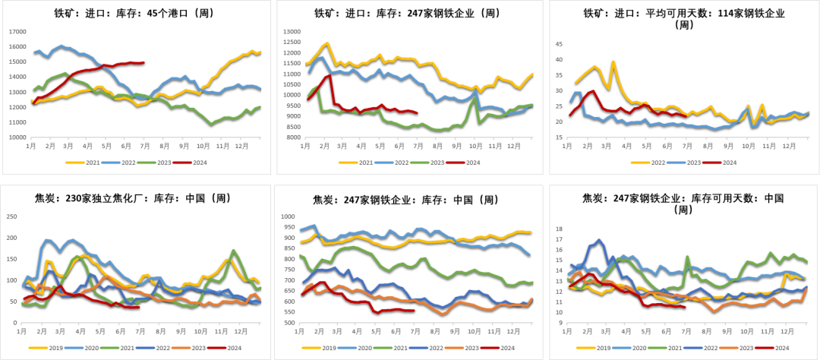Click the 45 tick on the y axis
(x=559, y=44)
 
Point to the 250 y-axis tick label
(x=11, y=216)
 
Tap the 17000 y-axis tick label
(x=17, y=32)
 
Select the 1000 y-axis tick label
(x=288, y=216)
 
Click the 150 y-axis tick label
(x=11, y=259)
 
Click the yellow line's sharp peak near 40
(x=613, y=62)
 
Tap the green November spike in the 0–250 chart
(x=233, y=251)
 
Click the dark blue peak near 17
(x=599, y=240)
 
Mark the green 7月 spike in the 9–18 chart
(x=687, y=257)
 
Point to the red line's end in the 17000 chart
(x=144, y=62)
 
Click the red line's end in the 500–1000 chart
(x=414, y=310)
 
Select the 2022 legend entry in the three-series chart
(x=644, y=163)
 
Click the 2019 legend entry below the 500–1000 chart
(x=315, y=347)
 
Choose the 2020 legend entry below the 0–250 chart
(x=79, y=347)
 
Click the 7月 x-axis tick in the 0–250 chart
(x=141, y=331)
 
